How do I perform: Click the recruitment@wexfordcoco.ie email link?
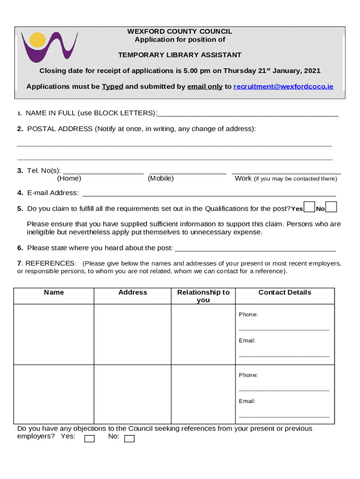coord(283,87)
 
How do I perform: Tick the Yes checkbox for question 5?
coord(309,207)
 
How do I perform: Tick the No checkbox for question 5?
coord(331,207)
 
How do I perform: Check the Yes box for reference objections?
coord(89,438)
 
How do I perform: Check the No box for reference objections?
coord(130,438)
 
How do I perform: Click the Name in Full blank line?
coord(248,114)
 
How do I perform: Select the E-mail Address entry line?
coord(209,193)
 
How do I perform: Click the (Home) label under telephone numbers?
coord(69,178)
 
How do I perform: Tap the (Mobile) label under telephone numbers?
coord(160,178)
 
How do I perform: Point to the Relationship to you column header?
coord(203,296)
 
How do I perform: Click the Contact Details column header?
coord(285,292)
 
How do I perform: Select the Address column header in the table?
coord(133,292)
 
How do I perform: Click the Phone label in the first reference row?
coord(248,314)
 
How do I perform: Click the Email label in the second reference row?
coord(247,401)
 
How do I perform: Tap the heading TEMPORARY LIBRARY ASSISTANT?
coord(180,55)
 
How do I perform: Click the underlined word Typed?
coord(112,87)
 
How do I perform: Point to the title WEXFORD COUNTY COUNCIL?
coord(180,31)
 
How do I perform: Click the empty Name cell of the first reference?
coord(54,334)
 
